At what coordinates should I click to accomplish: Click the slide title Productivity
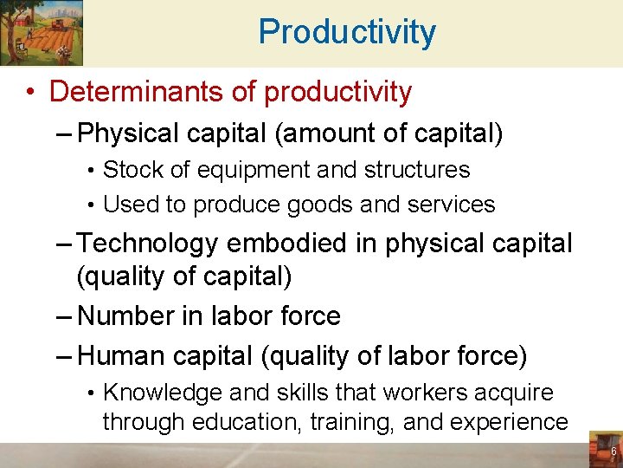(347, 33)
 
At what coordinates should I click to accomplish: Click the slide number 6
(613, 452)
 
